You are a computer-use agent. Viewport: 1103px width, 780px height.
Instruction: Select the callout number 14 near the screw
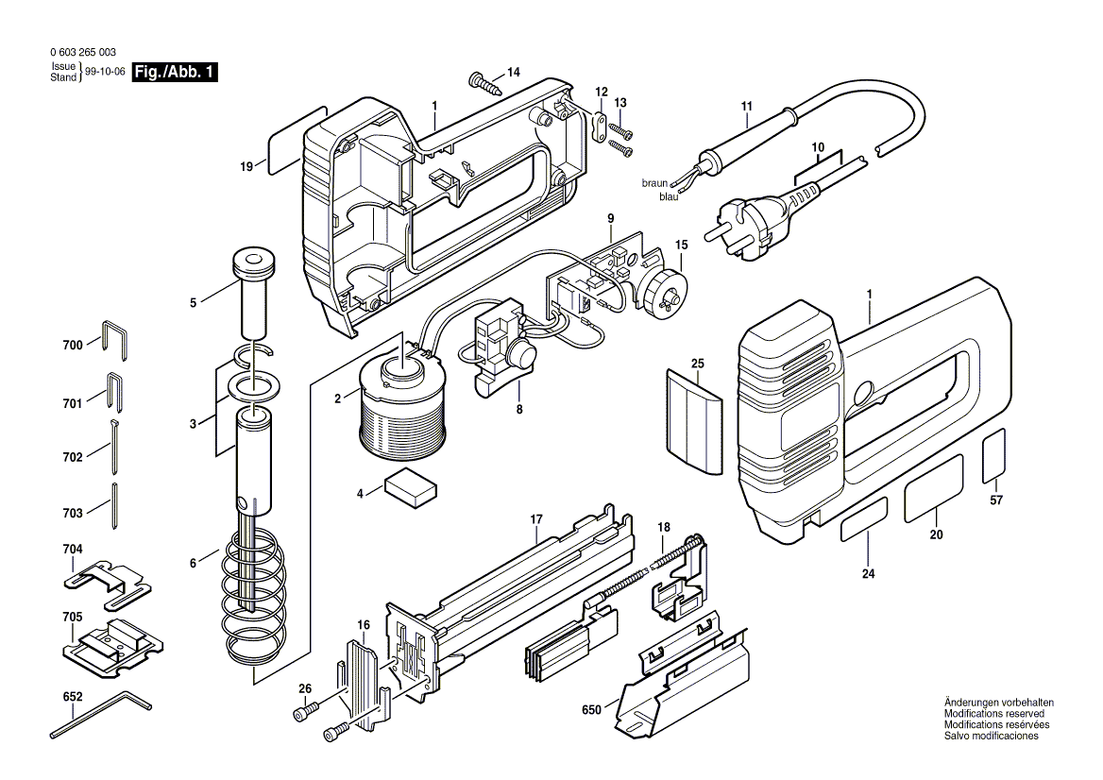point(513,72)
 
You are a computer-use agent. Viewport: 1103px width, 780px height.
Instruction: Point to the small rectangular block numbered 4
point(411,485)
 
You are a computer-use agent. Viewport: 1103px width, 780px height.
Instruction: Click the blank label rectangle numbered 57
point(994,457)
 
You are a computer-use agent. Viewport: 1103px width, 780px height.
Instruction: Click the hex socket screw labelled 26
point(305,709)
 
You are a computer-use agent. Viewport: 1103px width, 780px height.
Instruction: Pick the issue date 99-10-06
point(105,73)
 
